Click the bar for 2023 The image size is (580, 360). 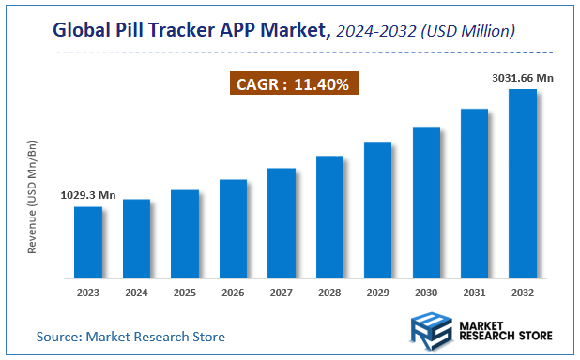tap(88, 242)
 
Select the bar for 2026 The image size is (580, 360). tap(233, 229)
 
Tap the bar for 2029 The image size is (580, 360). tap(377, 210)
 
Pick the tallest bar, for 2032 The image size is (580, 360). tap(522, 184)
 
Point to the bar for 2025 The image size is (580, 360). tap(185, 233)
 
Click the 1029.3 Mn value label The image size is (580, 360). tap(88, 195)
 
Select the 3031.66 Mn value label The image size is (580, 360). tap(522, 78)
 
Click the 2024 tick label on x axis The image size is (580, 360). tap(136, 292)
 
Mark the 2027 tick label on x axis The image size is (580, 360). tap(281, 292)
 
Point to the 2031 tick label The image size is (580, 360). tap(474, 292)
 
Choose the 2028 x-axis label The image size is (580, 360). tap(329, 292)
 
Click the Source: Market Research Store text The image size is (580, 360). tap(130, 336)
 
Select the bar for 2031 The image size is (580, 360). tap(474, 193)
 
